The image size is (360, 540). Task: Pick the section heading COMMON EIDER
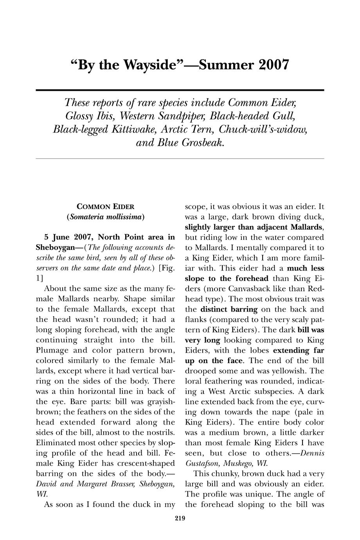point(106,206)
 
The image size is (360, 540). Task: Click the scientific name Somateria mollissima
point(106,216)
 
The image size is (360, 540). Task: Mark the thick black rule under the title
point(180,90)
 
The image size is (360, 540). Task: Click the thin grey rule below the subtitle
point(180,158)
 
